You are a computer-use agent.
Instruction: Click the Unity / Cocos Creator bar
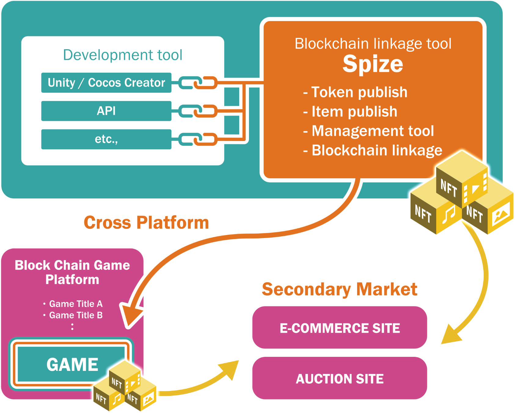pyautogui.click(x=106, y=83)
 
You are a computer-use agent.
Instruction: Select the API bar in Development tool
pyautogui.click(x=106, y=111)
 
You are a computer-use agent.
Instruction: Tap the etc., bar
pyautogui.click(x=106, y=139)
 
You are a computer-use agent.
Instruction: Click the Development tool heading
pyautogui.click(x=122, y=55)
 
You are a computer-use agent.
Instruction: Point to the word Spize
pyautogui.click(x=373, y=64)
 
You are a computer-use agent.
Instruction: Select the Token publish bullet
pyautogui.click(x=355, y=92)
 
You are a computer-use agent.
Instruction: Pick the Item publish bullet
pyautogui.click(x=350, y=112)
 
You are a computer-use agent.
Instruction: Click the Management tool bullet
pyautogui.click(x=368, y=131)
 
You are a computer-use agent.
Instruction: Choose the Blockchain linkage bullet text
pyautogui.click(x=373, y=150)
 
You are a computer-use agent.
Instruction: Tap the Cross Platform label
pyautogui.click(x=146, y=223)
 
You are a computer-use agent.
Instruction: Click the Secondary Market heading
pyautogui.click(x=339, y=289)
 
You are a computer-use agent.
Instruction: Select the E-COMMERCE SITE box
pyautogui.click(x=340, y=328)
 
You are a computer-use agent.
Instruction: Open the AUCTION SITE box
pyautogui.click(x=340, y=379)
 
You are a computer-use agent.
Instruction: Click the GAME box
pyautogui.click(x=72, y=364)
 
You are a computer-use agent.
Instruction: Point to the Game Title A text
pyautogui.click(x=75, y=304)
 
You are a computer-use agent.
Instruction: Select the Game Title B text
pyautogui.click(x=75, y=315)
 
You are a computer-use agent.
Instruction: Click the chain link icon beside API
pyautogui.click(x=198, y=111)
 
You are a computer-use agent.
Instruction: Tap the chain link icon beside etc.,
pyautogui.click(x=198, y=139)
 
